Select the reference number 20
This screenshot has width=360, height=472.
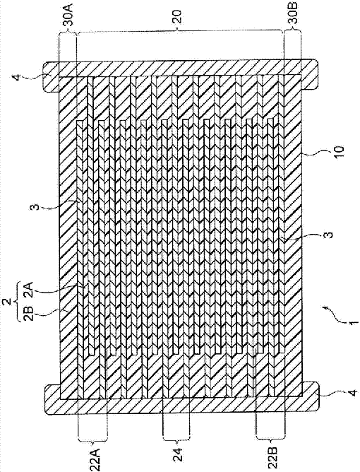178,17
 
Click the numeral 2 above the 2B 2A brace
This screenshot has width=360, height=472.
8,300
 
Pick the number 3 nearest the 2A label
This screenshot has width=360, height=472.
33,208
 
